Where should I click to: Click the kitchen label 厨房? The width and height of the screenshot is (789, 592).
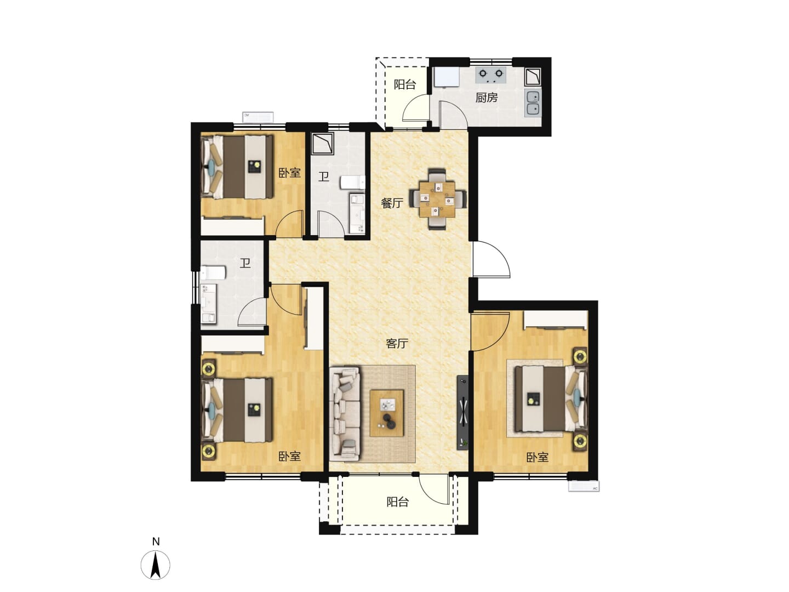tap(487, 98)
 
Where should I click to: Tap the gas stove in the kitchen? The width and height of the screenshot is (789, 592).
tap(491, 75)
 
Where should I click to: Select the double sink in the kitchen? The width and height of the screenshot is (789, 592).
tap(533, 103)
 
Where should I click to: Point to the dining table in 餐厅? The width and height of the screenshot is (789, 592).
tap(437, 199)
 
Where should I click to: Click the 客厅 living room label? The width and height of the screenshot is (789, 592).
tap(397, 344)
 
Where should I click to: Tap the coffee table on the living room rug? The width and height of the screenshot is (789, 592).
tap(387, 413)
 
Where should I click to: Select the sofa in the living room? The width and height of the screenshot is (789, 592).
tap(344, 414)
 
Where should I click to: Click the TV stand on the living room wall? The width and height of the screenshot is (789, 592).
tap(462, 412)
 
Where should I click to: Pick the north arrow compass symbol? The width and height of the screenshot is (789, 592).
tap(155, 565)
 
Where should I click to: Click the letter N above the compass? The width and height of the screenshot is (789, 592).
tap(156, 542)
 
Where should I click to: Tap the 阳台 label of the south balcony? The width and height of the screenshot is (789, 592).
tap(398, 502)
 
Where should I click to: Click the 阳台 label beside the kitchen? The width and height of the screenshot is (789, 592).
tap(405, 84)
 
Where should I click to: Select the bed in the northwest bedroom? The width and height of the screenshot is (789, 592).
tap(237, 167)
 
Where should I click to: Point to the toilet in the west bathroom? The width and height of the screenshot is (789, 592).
tap(213, 272)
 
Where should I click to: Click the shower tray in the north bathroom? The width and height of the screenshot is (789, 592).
tap(322, 144)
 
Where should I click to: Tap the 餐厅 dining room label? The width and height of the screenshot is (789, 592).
tap(392, 203)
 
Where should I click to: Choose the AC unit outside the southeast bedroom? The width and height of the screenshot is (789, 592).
tap(584, 486)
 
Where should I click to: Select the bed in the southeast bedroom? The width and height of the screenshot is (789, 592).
tap(551, 399)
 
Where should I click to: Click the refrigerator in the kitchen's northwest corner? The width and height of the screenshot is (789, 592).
tap(445, 77)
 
